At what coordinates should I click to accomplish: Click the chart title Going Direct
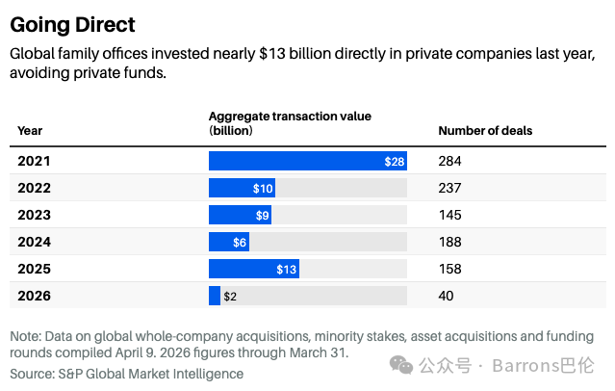pyautogui.click(x=72, y=25)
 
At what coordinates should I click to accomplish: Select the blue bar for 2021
pyautogui.click(x=308, y=161)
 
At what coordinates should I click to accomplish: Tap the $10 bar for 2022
pyautogui.click(x=242, y=188)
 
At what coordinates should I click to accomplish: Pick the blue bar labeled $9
pyautogui.click(x=240, y=215)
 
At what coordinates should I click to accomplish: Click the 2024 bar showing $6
pyautogui.click(x=229, y=242)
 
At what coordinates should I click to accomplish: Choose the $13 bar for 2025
pyautogui.click(x=254, y=269)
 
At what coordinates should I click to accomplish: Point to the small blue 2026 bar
pyautogui.click(x=215, y=296)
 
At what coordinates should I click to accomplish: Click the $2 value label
pyautogui.click(x=230, y=297)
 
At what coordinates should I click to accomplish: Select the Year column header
pyautogui.click(x=30, y=130)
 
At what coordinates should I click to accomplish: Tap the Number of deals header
pyautogui.click(x=485, y=130)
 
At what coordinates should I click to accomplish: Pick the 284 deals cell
pyautogui.click(x=449, y=161)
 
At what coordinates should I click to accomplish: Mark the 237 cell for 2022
pyautogui.click(x=449, y=188)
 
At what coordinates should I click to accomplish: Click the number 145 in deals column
pyautogui.click(x=449, y=215)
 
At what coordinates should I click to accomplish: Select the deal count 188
pyautogui.click(x=449, y=242)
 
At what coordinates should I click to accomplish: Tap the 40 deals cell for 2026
pyautogui.click(x=446, y=296)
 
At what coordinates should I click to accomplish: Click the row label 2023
pyautogui.click(x=34, y=215)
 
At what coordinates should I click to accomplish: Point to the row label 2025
pyautogui.click(x=34, y=269)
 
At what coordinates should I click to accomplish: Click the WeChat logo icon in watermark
pyautogui.click(x=400, y=365)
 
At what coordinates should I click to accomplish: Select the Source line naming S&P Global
pyautogui.click(x=127, y=374)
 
